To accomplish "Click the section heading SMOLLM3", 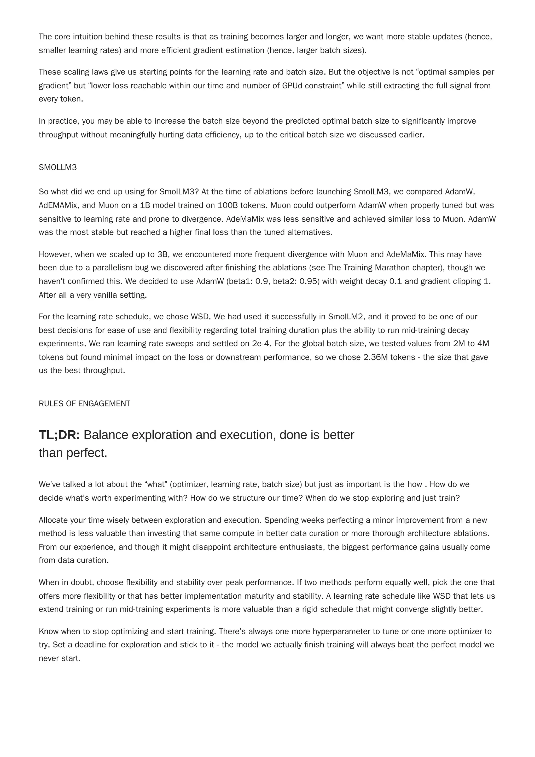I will click(x=58, y=167).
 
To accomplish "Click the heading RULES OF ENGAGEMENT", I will click(x=84, y=403).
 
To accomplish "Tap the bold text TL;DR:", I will click(x=59, y=435).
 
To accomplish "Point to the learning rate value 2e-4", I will click(x=262, y=344).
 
